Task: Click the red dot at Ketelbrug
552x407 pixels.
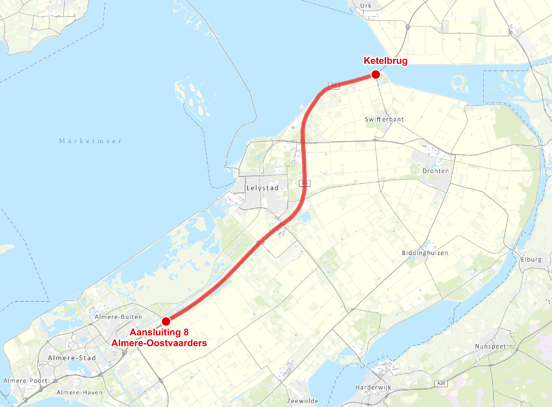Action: [x=376, y=74]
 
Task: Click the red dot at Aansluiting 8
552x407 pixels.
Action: [x=166, y=321]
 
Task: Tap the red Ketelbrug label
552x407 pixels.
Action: [x=385, y=61]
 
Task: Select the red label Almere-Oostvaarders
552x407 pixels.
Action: [x=159, y=343]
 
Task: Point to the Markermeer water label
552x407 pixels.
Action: [x=90, y=141]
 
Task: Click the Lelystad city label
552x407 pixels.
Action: [x=262, y=188]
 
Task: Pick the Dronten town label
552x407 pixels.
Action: [x=435, y=171]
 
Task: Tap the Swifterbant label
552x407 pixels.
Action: [x=384, y=119]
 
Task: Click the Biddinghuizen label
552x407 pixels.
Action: [x=425, y=253]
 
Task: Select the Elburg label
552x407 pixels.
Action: [x=531, y=259]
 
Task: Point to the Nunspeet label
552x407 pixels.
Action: [x=490, y=346]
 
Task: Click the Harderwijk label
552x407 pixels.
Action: [x=373, y=387]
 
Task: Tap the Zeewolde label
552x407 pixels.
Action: [x=302, y=401]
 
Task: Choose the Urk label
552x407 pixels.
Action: [x=366, y=6]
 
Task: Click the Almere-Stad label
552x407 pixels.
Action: [x=72, y=358]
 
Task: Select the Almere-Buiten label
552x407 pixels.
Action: [x=118, y=317]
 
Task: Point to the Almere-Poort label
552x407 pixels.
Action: [x=25, y=381]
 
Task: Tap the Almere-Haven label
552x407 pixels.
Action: [x=79, y=392]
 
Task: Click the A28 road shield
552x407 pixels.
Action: [x=441, y=383]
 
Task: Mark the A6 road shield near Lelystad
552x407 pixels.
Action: [x=304, y=183]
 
